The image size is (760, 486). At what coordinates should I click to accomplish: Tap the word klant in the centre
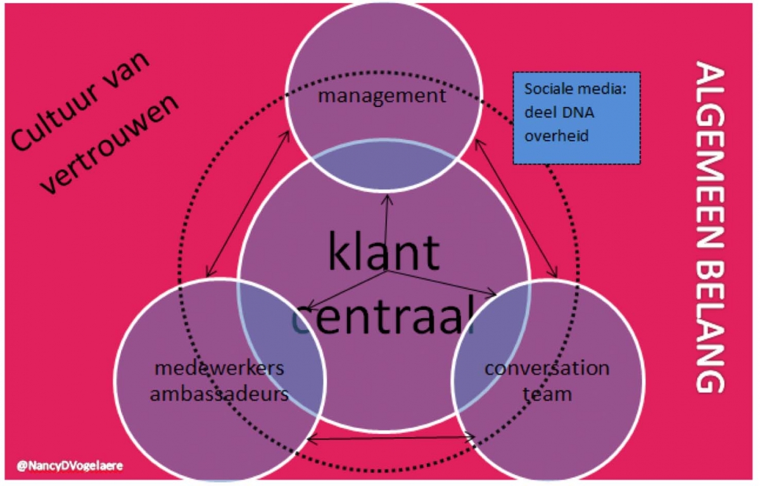tap(383, 252)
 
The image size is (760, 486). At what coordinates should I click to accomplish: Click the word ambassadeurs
tap(218, 393)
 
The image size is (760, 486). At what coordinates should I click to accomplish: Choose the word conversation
tap(547, 368)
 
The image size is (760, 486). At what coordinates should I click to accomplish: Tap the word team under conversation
tap(547, 393)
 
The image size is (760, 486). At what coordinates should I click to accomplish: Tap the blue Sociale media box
tap(576, 118)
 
